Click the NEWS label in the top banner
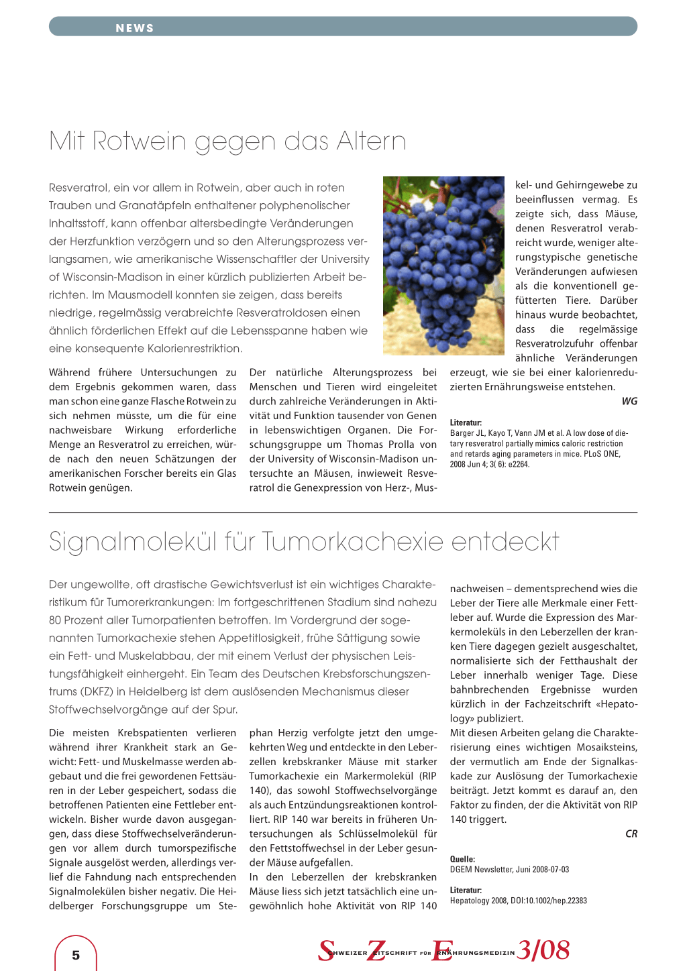(x=135, y=28)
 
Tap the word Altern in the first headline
(x=371, y=141)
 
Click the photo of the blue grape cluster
(x=443, y=266)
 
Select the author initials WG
(x=629, y=401)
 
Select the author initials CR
(x=631, y=834)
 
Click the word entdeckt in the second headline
(x=505, y=542)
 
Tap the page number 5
(x=76, y=955)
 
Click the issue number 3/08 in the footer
(x=543, y=950)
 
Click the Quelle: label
(x=462, y=859)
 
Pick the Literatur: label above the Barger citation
(x=466, y=422)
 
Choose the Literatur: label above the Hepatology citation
(x=466, y=890)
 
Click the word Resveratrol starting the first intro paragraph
(x=78, y=188)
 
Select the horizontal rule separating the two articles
(x=343, y=513)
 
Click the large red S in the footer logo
(x=326, y=950)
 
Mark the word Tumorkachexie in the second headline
(x=352, y=542)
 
